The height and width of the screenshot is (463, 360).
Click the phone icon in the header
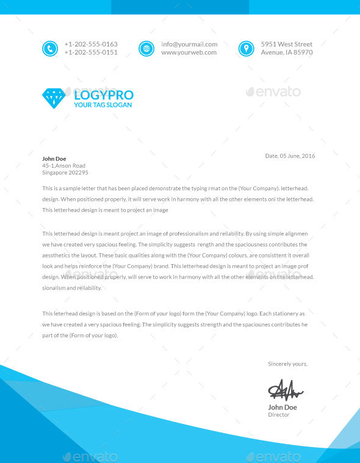tap(49, 48)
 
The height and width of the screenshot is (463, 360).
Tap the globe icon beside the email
tap(146, 48)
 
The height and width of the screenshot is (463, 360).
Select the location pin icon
tap(246, 48)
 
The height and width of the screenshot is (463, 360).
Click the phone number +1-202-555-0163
tap(91, 44)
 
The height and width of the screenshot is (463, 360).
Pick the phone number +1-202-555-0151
tap(91, 52)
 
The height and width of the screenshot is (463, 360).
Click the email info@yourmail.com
tap(189, 44)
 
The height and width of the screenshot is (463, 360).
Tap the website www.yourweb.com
tap(189, 52)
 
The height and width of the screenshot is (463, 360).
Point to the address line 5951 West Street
tap(287, 44)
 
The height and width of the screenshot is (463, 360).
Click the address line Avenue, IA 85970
tap(287, 52)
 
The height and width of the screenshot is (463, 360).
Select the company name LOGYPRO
tap(103, 95)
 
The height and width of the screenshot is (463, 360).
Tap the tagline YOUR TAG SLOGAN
tap(103, 105)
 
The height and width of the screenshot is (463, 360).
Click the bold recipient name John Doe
tap(54, 159)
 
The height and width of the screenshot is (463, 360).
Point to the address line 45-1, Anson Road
tap(63, 165)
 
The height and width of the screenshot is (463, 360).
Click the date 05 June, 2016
tap(297, 156)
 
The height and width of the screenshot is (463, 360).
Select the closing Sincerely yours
tap(288, 364)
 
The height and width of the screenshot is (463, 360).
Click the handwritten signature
tap(285, 388)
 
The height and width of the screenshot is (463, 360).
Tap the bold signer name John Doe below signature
tap(283, 407)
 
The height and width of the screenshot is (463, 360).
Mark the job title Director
tap(279, 415)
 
